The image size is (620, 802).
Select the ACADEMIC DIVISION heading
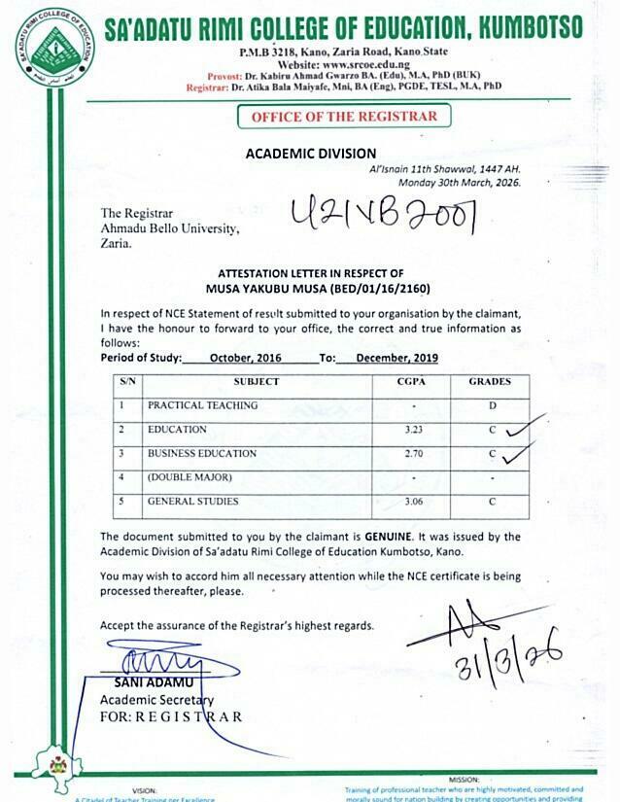pos(310,154)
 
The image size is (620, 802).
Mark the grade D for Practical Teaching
pos(493,404)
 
